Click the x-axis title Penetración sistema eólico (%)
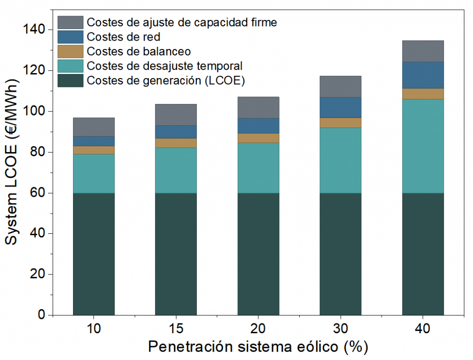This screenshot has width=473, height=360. [x=258, y=347]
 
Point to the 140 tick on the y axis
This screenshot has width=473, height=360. [x=34, y=30]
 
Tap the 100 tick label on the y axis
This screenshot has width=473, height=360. [x=34, y=111]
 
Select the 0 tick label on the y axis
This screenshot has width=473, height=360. [x=40, y=315]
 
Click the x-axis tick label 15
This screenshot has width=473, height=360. [x=176, y=329]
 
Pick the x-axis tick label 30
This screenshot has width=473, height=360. [x=340, y=329]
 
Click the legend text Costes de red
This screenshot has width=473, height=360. [x=123, y=37]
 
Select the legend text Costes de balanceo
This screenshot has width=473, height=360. [x=139, y=51]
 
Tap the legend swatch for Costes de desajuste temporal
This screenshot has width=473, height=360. [x=70, y=66]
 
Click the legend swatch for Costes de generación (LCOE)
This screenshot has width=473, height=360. [x=70, y=80]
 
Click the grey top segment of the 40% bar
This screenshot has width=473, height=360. [x=423, y=51]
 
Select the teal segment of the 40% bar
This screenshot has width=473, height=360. [x=423, y=146]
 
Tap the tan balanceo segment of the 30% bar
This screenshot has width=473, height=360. [x=340, y=123]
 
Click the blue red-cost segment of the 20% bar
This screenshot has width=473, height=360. [x=258, y=126]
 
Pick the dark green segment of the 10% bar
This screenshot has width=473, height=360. [x=94, y=254]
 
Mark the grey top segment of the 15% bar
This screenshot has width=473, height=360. [x=176, y=115]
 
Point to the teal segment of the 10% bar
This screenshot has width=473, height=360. [x=94, y=173]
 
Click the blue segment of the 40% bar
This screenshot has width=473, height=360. [x=423, y=75]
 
